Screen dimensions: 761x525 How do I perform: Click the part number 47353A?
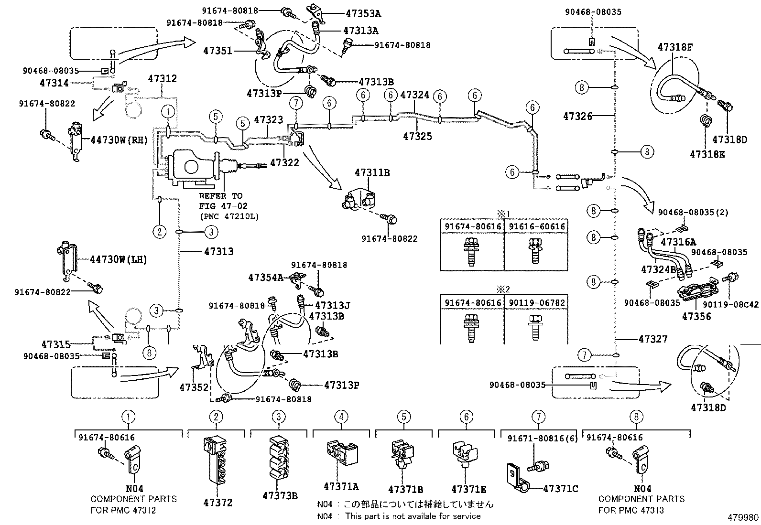tap(363, 13)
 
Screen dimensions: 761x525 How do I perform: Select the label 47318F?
tap(674, 47)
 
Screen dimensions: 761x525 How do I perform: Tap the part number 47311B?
tap(372, 173)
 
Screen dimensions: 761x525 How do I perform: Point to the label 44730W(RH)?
tap(119, 140)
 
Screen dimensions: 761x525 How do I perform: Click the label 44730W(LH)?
tap(119, 259)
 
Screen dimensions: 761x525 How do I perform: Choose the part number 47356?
tap(696, 317)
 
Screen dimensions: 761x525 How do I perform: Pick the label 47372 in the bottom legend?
tap(218, 503)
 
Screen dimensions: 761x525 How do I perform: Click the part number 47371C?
tap(561, 489)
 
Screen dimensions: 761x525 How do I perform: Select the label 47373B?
tap(280, 496)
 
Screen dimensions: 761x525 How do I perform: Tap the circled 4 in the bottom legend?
tap(341, 417)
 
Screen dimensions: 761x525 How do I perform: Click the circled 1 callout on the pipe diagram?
tap(168, 111)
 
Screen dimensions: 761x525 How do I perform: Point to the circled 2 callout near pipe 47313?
tap(159, 232)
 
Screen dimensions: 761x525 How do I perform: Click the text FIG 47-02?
tap(223, 206)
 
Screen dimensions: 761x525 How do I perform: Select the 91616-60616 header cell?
tap(536, 226)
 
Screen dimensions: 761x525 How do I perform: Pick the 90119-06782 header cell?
tap(536, 302)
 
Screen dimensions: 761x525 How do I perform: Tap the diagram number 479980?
tap(743, 517)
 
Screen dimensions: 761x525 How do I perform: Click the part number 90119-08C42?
tap(730, 304)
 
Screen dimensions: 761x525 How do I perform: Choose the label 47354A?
tap(266, 278)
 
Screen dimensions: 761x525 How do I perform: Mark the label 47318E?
tap(707, 154)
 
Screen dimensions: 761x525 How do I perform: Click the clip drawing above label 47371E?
tap(466, 453)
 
